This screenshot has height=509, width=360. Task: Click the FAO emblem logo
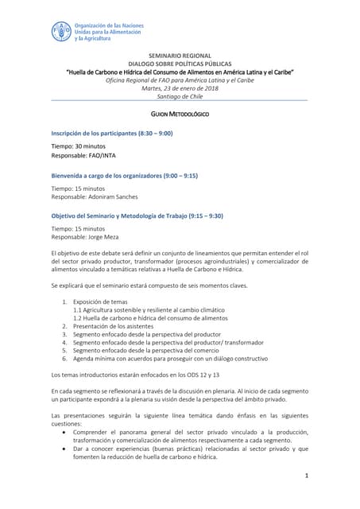(61, 32)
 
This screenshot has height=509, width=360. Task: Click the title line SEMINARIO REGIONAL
(179, 57)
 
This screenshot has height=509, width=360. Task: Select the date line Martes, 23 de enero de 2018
(179, 88)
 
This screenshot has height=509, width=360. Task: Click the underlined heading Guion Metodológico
(179, 115)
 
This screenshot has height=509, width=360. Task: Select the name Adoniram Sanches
(114, 196)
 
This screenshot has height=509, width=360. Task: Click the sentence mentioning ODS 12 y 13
(134, 374)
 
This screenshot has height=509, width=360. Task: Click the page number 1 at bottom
(306, 475)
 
